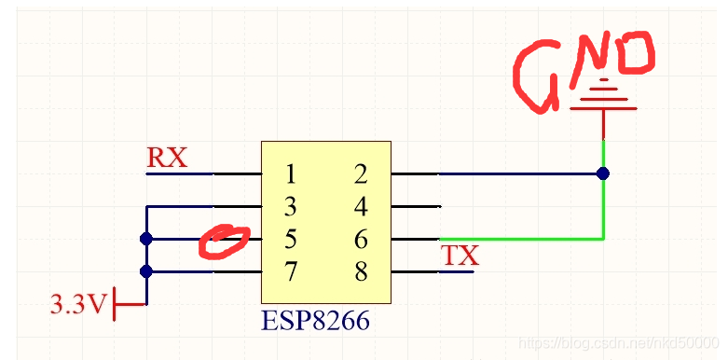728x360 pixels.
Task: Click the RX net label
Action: pyautogui.click(x=167, y=158)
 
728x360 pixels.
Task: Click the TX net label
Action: pyautogui.click(x=459, y=255)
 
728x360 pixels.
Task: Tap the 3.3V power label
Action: pyautogui.click(x=80, y=304)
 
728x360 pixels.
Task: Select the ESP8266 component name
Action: pyautogui.click(x=315, y=321)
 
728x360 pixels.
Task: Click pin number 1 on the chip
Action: pyautogui.click(x=291, y=173)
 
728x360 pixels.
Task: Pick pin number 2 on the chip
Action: pyautogui.click(x=361, y=173)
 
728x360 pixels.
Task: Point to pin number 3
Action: pyautogui.click(x=291, y=206)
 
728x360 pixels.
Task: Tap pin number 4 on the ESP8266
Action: pyautogui.click(x=361, y=206)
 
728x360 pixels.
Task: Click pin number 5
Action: pyautogui.click(x=291, y=239)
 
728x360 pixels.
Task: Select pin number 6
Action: pyautogui.click(x=361, y=239)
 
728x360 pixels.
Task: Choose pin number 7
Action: pyautogui.click(x=291, y=271)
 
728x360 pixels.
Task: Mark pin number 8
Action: pyautogui.click(x=361, y=271)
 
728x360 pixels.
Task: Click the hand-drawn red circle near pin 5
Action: pyautogui.click(x=225, y=241)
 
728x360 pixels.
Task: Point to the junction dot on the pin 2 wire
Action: pyautogui.click(x=603, y=173)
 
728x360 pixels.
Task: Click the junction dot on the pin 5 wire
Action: pyautogui.click(x=145, y=239)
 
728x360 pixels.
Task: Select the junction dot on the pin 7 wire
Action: pyautogui.click(x=145, y=271)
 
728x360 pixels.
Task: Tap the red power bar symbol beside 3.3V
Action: pyautogui.click(x=115, y=303)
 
